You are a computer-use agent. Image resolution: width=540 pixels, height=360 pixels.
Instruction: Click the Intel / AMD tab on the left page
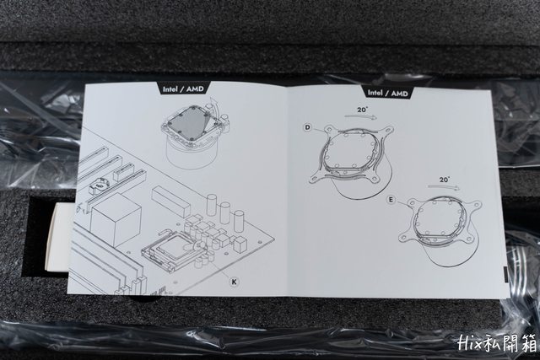coord(183,89)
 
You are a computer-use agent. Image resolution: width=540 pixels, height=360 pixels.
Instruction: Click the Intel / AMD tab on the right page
coord(388,93)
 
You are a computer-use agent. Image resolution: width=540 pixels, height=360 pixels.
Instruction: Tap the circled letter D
coord(307,127)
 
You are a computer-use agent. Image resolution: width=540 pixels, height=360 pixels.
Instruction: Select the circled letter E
coord(391,200)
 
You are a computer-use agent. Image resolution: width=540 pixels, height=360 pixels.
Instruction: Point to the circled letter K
coord(235,282)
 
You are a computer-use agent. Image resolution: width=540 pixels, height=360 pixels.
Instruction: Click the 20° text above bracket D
coord(362,110)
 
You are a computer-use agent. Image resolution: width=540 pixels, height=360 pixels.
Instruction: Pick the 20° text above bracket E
coord(445,180)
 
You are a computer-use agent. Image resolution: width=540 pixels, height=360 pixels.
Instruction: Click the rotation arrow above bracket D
coord(361,117)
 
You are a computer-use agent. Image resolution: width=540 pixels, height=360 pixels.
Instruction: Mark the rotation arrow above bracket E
coord(444,187)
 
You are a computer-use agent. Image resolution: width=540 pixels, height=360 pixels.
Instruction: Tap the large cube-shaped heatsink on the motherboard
coord(116,218)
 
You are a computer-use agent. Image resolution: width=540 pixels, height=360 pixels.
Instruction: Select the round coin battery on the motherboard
coord(98,185)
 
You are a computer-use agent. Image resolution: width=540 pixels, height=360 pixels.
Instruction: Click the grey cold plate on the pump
coord(191,124)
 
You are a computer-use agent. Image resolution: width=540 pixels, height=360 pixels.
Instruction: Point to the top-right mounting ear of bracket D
coord(388,131)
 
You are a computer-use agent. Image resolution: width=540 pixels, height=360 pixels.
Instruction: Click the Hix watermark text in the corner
coord(497,343)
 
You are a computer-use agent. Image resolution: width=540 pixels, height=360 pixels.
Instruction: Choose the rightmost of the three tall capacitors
coord(239,221)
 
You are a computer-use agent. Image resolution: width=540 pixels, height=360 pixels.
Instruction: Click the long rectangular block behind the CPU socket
coord(170,201)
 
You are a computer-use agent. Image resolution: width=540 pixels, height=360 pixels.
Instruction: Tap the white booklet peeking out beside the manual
coord(58,238)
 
